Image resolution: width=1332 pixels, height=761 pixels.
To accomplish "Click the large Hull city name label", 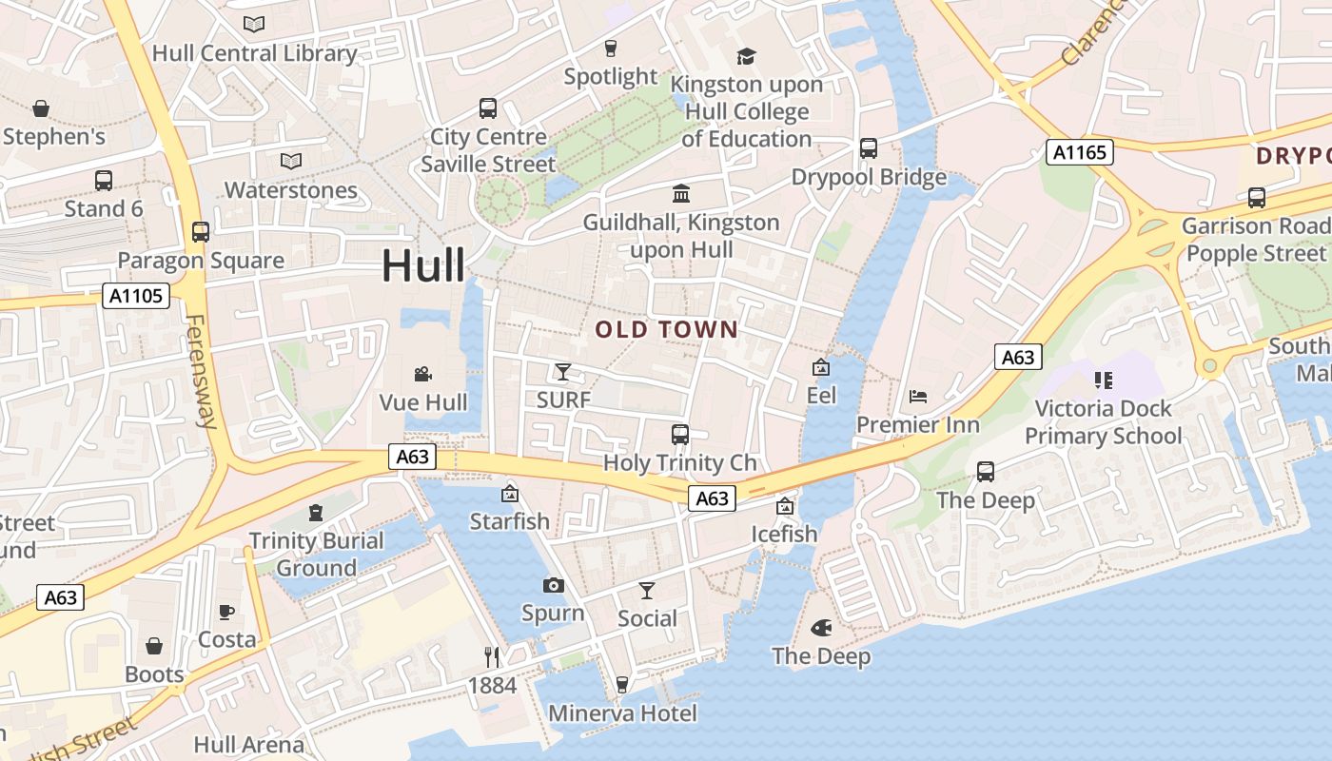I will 423,265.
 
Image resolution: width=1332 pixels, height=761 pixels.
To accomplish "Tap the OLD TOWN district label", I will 666,330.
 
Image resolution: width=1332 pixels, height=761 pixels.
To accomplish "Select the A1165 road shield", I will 1079,151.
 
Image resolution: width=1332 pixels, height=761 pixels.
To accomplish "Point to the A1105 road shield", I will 136,296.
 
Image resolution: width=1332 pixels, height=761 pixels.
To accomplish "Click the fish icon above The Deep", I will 821,628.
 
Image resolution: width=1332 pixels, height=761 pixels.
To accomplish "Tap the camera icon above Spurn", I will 553,585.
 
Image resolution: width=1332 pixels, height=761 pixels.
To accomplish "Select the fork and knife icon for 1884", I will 492,656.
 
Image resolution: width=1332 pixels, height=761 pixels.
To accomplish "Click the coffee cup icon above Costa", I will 226,612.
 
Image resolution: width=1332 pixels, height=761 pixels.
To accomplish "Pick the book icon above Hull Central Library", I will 254,25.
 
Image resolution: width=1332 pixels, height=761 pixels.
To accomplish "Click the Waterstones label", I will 291,190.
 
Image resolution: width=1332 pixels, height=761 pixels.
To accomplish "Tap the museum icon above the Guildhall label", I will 681,194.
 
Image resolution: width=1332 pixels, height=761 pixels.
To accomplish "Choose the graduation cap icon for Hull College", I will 746,56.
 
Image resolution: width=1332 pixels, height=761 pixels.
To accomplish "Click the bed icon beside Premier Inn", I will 918,396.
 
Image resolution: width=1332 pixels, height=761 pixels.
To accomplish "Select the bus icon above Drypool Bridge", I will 868,148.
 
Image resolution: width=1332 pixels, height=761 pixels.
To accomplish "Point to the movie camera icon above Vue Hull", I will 423,375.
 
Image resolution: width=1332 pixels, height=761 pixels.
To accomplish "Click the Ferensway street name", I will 201,371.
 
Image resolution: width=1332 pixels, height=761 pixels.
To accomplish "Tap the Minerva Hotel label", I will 622,713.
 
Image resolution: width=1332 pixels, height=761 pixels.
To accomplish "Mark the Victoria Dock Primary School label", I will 1103,422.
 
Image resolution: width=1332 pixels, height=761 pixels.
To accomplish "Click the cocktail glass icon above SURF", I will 563,371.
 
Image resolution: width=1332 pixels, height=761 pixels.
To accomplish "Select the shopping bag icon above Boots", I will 154,647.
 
